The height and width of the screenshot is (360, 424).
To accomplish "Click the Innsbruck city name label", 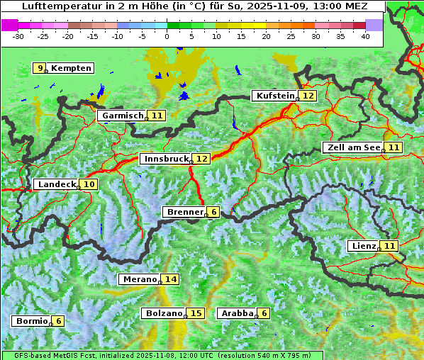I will tap(166, 159).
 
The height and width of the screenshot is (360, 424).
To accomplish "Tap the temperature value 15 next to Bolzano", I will tap(196, 313).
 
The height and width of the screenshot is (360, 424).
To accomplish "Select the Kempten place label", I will tap(72, 68).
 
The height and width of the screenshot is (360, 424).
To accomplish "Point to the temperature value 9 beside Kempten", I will tap(40, 68).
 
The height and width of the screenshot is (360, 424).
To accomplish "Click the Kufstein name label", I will tap(275, 96).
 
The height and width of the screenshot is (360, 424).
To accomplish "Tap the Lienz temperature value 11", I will tap(389, 246).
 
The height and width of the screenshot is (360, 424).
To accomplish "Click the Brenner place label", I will tap(184, 212).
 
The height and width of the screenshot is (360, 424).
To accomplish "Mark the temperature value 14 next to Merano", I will tap(171, 279).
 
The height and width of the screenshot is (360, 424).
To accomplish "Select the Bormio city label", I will tap(31, 321).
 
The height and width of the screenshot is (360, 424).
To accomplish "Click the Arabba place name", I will tap(237, 313).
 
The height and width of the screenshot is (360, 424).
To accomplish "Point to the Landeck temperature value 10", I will tap(89, 184).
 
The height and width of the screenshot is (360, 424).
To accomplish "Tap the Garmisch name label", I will tap(122, 116).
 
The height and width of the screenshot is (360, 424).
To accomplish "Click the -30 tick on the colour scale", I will tap(18, 35).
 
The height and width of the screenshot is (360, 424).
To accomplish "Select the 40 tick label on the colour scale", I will tap(365, 35).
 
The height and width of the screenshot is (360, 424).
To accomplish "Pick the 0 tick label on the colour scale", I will tap(167, 35).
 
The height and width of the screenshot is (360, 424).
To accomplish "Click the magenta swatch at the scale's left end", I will tap(10, 24).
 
